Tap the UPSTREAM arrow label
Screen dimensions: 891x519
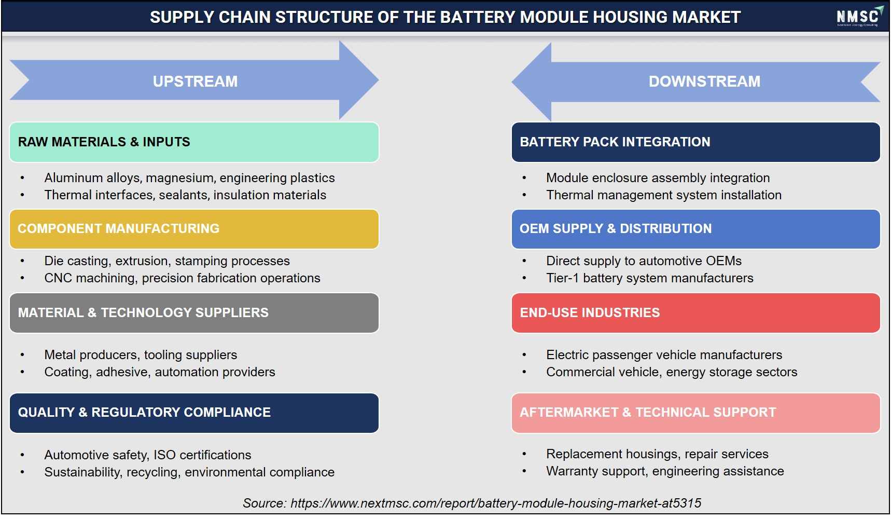[195, 81]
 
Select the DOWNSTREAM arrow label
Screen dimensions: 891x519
[704, 81]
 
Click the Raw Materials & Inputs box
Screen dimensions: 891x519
[194, 142]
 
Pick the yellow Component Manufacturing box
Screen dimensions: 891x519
[194, 229]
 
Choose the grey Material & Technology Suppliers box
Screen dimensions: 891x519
[194, 313]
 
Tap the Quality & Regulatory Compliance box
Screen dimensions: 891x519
[194, 413]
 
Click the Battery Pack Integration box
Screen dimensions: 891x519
[696, 142]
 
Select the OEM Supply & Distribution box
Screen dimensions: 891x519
[696, 229]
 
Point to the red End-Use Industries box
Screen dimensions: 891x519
[696, 313]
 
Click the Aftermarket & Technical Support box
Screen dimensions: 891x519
[696, 413]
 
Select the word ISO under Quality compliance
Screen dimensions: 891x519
[164, 455]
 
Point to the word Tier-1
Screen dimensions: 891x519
[563, 278]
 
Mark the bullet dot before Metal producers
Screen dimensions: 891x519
[22, 356]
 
